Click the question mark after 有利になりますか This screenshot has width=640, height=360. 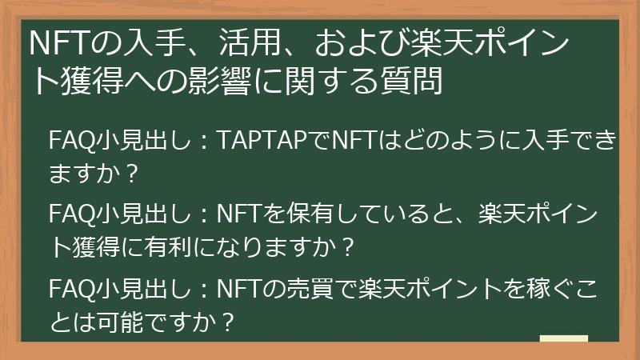[347, 247]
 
